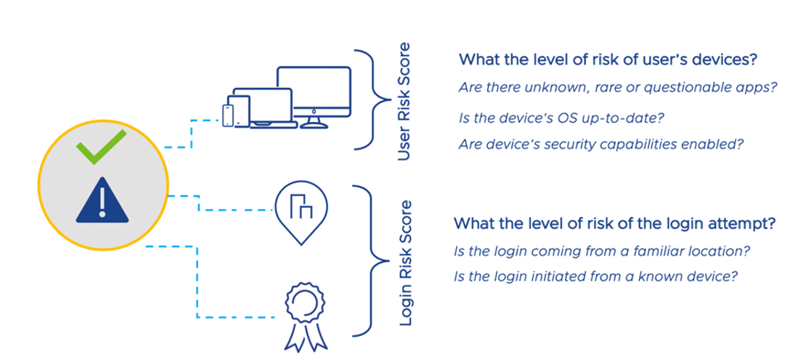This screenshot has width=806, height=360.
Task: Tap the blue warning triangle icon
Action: coord(102,199)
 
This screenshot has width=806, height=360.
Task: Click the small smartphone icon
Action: coord(229,115)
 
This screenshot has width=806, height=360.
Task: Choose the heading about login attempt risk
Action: coord(614,224)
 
